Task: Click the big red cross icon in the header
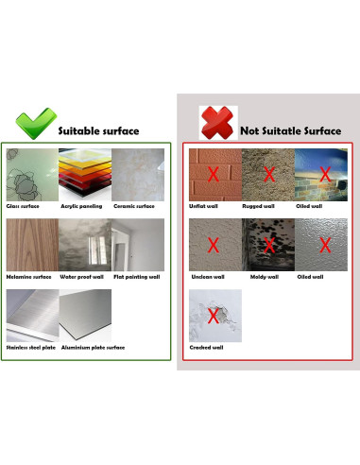point(214,124)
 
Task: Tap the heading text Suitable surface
point(98,130)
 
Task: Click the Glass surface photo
point(31,173)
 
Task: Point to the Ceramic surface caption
point(133,205)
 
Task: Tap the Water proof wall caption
point(82,277)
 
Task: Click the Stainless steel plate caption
point(30,347)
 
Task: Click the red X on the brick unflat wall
point(214,174)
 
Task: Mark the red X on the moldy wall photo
point(269,246)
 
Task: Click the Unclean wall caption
point(206,277)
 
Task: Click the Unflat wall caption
point(205,205)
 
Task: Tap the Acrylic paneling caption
point(82,205)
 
